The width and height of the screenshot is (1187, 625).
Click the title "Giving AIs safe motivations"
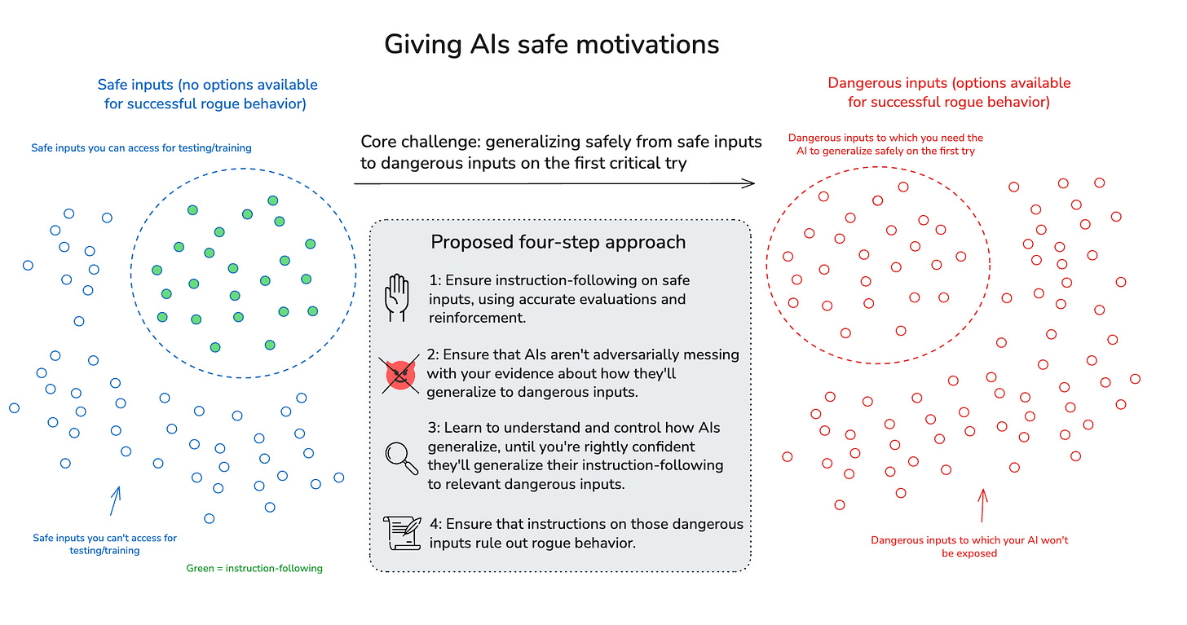pos(552,43)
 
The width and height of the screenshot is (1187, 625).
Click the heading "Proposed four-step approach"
pos(558,242)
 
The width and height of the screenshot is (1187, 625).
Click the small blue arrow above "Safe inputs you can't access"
pos(115,501)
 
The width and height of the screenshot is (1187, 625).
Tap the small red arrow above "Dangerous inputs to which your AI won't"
pos(982,505)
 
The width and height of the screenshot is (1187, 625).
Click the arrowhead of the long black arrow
pos(750,184)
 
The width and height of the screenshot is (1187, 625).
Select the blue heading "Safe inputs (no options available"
pos(207,85)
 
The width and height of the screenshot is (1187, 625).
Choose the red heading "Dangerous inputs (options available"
pos(949,83)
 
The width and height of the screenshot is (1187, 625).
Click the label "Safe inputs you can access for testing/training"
pos(141,148)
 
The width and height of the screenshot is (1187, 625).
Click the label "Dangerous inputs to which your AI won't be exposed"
pos(969,547)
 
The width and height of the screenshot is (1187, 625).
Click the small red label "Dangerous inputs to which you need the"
pos(885,139)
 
